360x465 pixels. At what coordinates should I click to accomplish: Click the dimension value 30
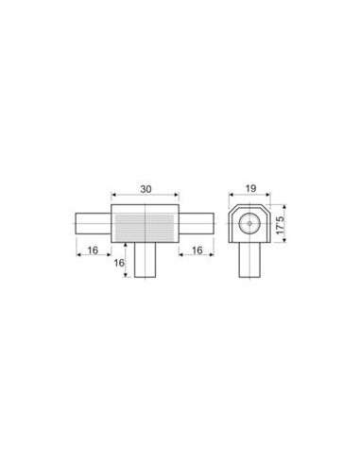(x=146, y=189)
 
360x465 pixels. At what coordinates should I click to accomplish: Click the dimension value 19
(x=250, y=189)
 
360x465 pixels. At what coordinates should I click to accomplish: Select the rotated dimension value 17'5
(x=280, y=224)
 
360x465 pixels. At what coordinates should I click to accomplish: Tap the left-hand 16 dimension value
(x=93, y=250)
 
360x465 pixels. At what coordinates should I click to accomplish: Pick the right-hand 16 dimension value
(x=197, y=250)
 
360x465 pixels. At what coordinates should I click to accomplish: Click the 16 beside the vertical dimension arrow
(x=119, y=263)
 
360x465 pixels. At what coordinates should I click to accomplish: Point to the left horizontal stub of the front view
(x=94, y=224)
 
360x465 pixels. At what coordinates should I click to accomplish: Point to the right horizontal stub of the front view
(x=197, y=224)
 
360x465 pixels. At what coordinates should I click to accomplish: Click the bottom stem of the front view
(x=145, y=260)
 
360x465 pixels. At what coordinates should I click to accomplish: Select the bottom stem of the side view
(x=249, y=260)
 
